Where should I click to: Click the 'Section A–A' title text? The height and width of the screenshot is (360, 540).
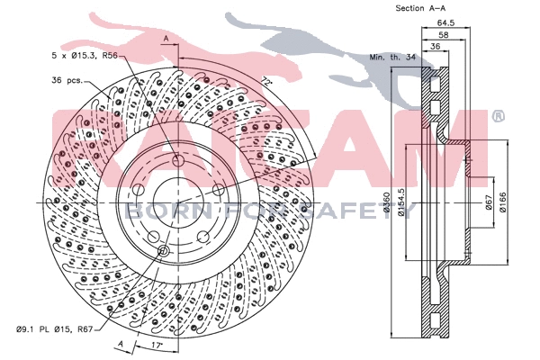pyautogui.click(x=421, y=8)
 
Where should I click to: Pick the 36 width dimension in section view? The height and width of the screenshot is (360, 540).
pyautogui.click(x=435, y=48)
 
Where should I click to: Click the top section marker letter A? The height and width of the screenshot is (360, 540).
pyautogui.click(x=166, y=38)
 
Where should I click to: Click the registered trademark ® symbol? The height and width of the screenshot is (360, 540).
pyautogui.click(x=498, y=116)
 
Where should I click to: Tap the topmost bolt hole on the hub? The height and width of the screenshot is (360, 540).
pyautogui.click(x=177, y=161)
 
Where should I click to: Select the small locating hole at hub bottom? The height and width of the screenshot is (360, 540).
pyautogui.click(x=163, y=250)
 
